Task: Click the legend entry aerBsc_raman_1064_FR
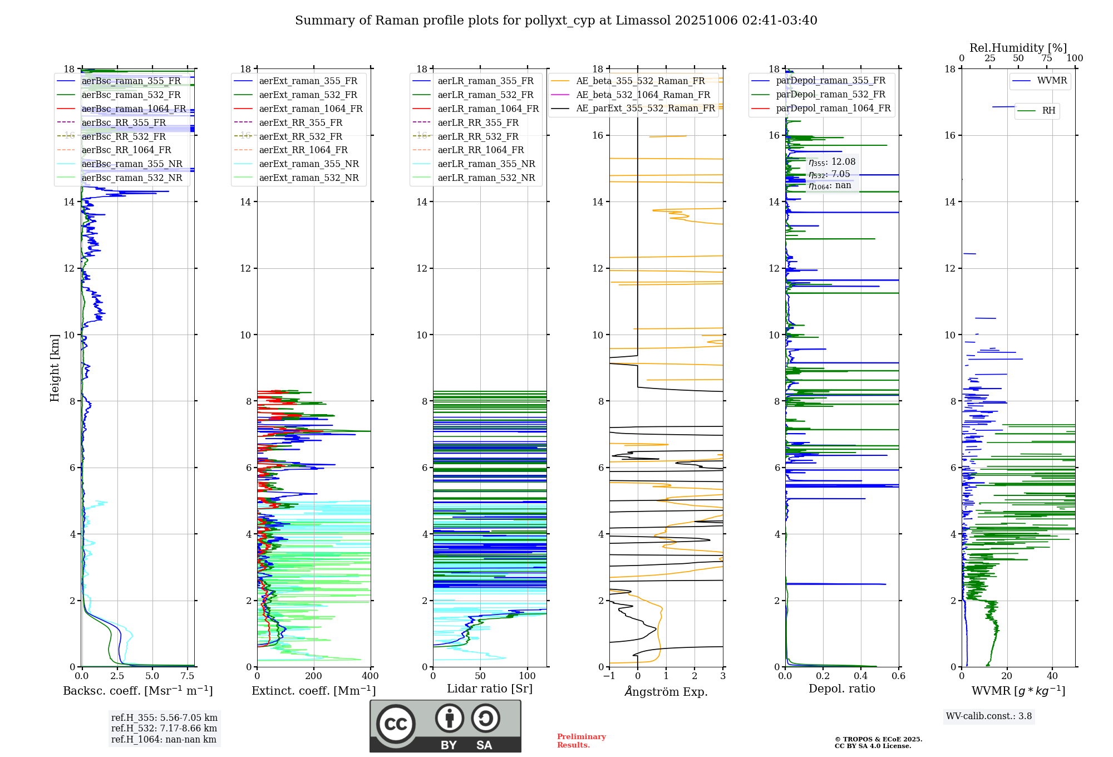point(134,109)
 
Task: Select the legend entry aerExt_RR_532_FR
point(301,136)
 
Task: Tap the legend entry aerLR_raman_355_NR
point(486,164)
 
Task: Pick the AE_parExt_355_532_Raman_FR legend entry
point(645,109)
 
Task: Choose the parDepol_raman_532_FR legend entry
point(830,95)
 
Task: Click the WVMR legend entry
point(1052,81)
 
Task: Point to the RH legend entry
point(1048,111)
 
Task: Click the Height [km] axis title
point(55,368)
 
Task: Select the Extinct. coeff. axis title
point(314,691)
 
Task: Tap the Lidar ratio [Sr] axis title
point(490,689)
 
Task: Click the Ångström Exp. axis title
point(666,692)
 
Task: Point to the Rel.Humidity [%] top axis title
point(1018,48)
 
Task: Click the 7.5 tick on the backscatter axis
point(188,676)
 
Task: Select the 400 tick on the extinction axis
point(370,676)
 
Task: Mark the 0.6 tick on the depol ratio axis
point(898,676)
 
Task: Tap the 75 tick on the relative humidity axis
point(1046,58)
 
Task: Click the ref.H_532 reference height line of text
point(164,728)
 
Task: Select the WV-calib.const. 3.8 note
point(989,716)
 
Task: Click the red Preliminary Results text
point(581,741)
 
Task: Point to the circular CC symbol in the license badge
point(396,724)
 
